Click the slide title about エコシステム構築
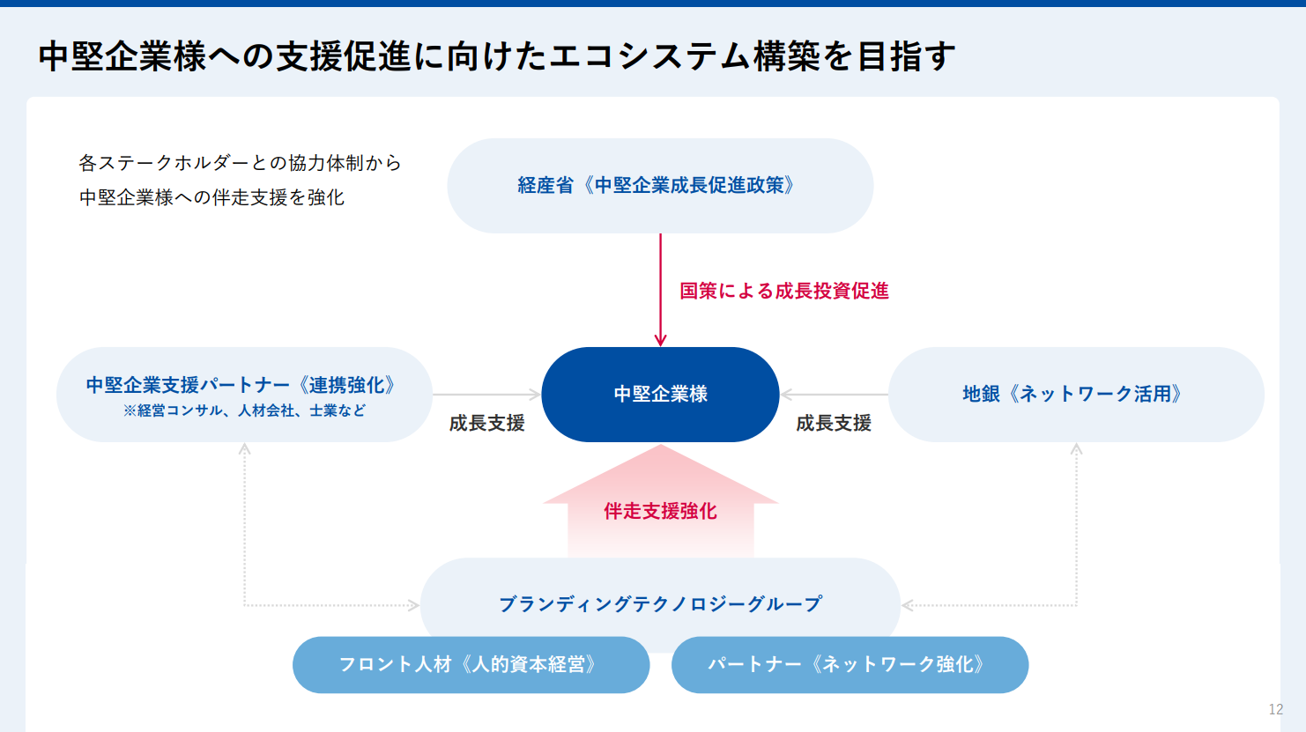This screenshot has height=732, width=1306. coord(497,56)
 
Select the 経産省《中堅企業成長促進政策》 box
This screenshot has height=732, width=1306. coord(660,186)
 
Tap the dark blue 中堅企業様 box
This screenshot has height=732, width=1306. coord(660,395)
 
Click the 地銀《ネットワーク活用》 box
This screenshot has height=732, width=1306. coord(1076,395)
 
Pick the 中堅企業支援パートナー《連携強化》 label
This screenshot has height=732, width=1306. coord(241,385)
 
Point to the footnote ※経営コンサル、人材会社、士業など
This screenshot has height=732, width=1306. coord(244,410)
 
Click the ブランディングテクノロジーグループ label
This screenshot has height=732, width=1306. coord(661,603)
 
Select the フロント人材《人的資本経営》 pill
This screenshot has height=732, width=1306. coord(471,665)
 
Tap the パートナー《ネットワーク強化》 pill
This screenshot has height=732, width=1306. coord(850,665)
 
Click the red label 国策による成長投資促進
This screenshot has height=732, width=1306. coord(784,291)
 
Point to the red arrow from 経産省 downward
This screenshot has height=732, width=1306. coord(661,290)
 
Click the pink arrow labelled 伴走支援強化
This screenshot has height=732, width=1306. coord(661,501)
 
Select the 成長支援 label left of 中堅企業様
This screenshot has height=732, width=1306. coord(486,423)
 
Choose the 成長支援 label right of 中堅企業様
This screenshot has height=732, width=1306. coord(834,423)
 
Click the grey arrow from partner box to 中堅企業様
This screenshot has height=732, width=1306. coord(486,395)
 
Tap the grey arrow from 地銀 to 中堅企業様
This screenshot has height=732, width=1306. coord(835,395)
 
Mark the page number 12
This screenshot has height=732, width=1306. coord(1276,709)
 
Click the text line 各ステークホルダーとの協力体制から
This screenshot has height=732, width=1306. coord(241,163)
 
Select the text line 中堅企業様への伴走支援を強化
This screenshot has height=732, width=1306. coord(211,198)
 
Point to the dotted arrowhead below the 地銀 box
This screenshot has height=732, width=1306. coord(1076,448)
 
